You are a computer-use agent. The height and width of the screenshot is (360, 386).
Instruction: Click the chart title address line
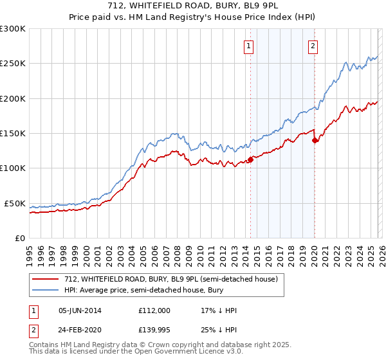coord(193,6)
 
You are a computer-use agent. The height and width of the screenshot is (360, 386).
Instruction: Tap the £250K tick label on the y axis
coord(13,64)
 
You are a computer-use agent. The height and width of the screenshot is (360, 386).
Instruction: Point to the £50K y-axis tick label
coord(15,203)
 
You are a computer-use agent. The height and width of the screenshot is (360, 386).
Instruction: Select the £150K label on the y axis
coord(13,134)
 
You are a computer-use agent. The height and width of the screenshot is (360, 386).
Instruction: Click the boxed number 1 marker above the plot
coord(249,46)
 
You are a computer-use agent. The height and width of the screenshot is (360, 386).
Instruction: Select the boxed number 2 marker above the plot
coord(313,46)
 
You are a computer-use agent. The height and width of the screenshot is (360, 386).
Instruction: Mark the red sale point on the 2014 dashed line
coord(250,160)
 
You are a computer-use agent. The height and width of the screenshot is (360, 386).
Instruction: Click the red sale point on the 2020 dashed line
coord(315,141)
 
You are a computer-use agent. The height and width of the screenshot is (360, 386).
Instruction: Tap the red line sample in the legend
coord(46,279)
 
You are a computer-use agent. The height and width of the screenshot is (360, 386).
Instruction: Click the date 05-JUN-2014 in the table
coord(80,310)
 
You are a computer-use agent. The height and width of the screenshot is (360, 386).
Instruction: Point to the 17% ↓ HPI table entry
coord(219,310)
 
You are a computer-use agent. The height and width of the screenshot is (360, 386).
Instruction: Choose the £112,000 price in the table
coord(155,310)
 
